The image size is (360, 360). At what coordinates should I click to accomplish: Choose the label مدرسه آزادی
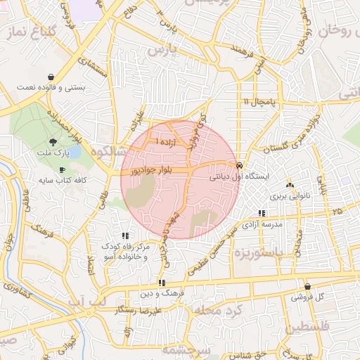[x=262, y=224]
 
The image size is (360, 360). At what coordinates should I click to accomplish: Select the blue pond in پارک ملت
[x=74, y=152]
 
